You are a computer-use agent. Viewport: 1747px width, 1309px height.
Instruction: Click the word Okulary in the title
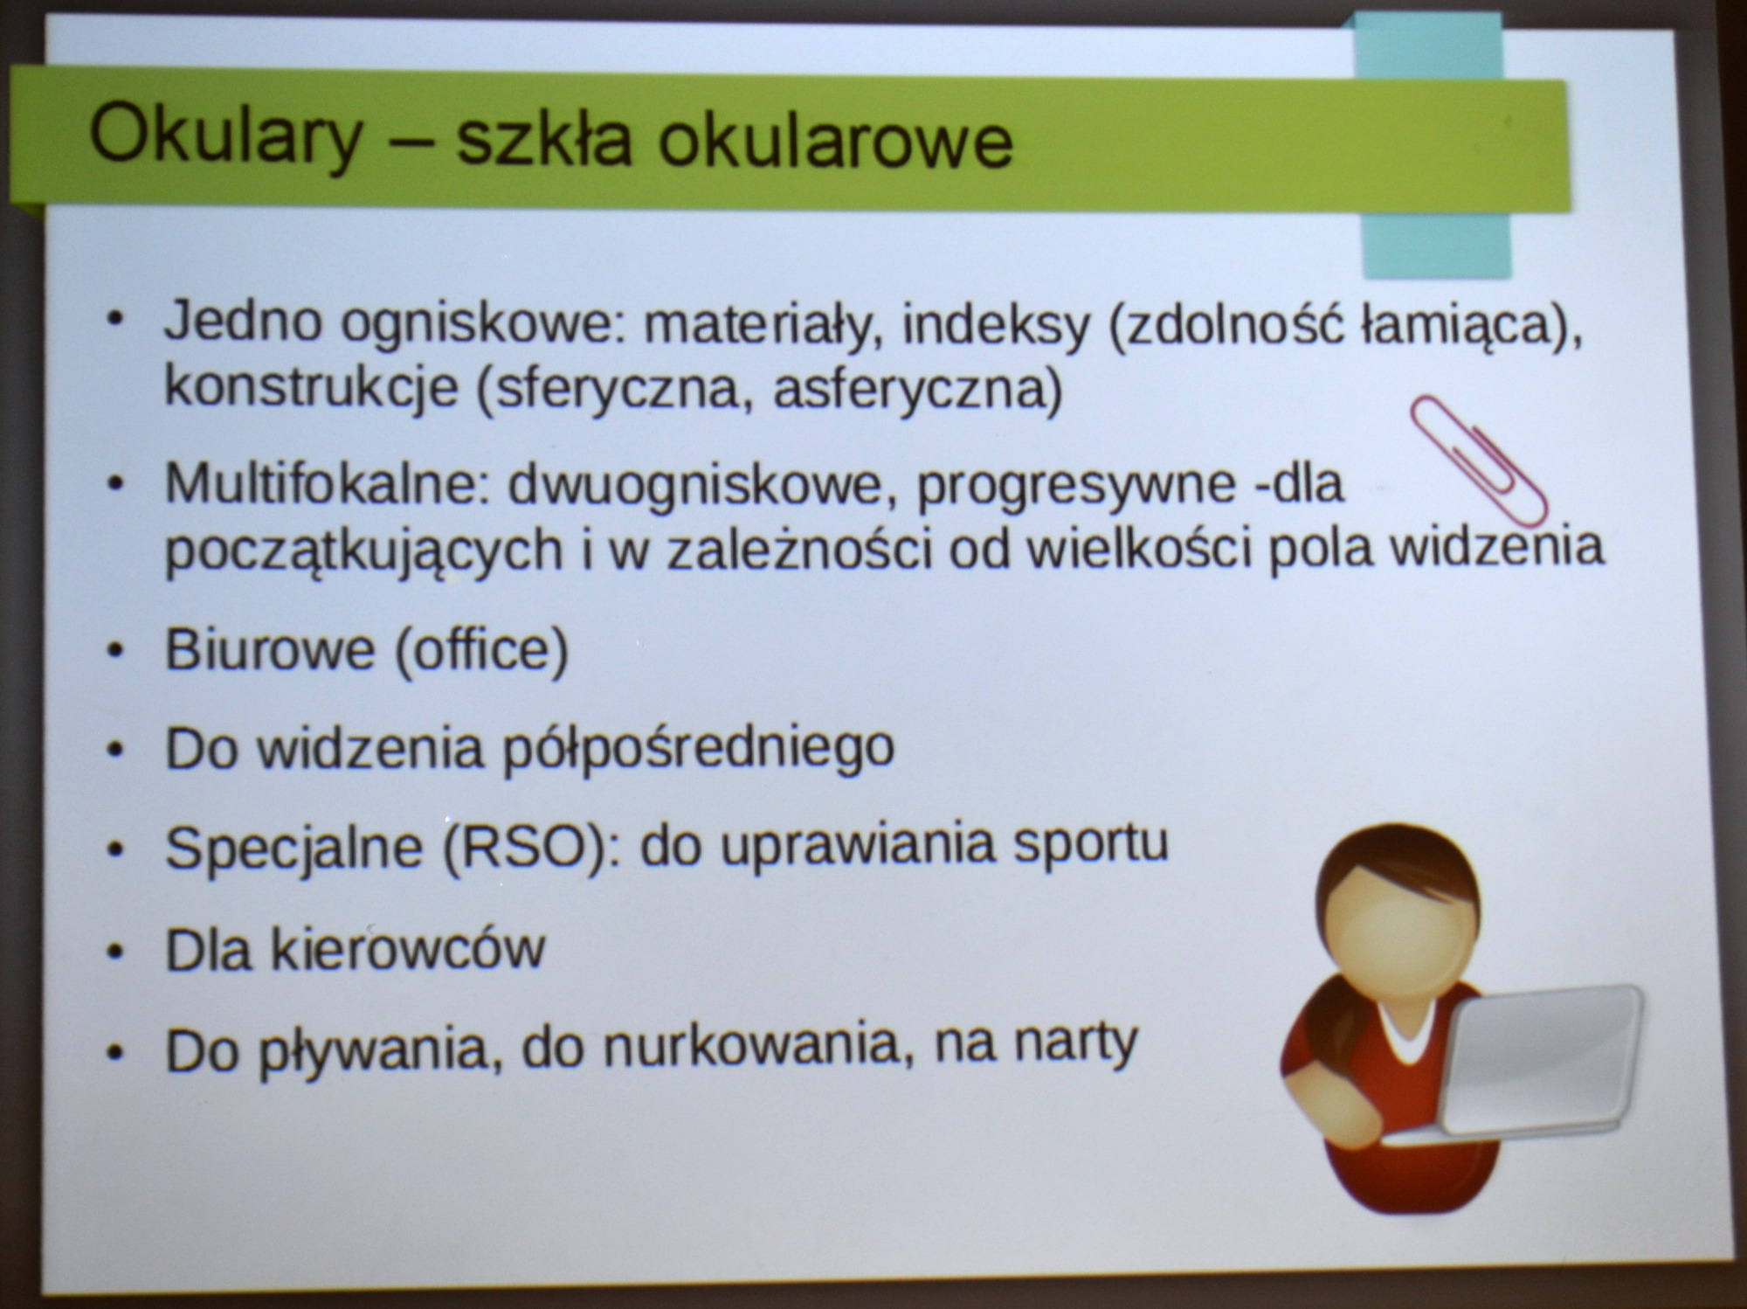coord(225,138)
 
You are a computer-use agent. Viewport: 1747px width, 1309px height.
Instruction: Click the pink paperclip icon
coord(1478,460)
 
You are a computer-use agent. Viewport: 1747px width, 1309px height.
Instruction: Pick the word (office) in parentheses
coord(481,650)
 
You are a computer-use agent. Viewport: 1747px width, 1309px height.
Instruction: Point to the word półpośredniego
coord(699,750)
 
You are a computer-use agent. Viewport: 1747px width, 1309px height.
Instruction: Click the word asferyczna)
coord(918,390)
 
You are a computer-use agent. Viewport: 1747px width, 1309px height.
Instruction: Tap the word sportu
coord(1091,844)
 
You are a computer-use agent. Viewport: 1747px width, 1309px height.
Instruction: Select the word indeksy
coord(996,325)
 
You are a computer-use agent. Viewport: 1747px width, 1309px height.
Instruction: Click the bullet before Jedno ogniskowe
coord(114,321)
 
